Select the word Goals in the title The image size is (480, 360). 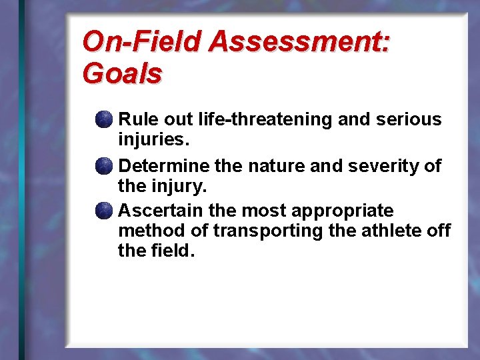(x=122, y=73)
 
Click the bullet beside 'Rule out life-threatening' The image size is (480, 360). (x=103, y=120)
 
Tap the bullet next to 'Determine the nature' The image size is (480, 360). (x=103, y=166)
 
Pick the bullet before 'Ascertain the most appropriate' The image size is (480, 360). (x=103, y=211)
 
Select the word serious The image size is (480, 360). (x=409, y=119)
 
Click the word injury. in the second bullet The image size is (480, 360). (x=181, y=186)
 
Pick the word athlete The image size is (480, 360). (x=396, y=231)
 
